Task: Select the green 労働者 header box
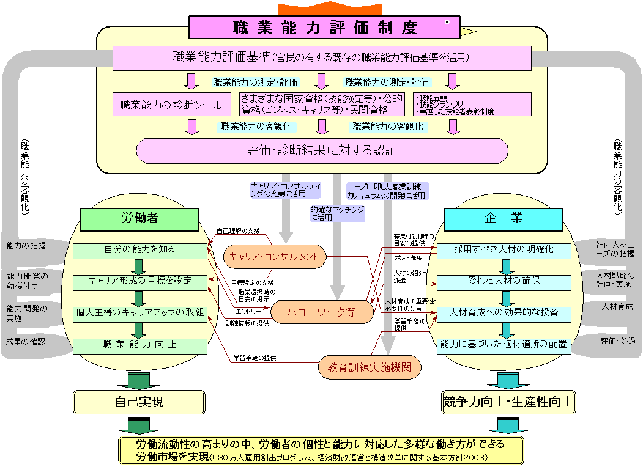point(140,218)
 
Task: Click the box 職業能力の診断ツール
point(172,105)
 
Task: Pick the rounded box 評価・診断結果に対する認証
point(322,150)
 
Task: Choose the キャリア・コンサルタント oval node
point(274,257)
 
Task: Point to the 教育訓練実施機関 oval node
point(370,367)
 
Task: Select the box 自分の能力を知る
point(140,250)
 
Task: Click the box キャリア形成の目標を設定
point(140,281)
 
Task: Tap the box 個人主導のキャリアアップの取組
point(140,312)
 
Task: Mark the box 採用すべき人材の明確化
point(504,250)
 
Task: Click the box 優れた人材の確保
point(504,281)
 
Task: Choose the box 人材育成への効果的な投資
point(504,312)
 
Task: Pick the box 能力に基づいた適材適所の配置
point(504,344)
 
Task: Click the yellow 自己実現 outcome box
point(139,402)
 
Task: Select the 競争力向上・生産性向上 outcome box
point(508,402)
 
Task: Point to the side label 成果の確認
point(26,341)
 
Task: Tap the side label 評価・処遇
point(617,340)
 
